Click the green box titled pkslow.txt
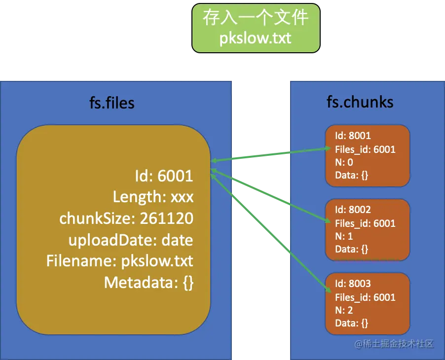click(256, 28)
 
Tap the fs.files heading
click(112, 103)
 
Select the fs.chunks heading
click(360, 102)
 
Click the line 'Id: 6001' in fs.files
click(164, 176)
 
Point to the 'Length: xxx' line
click(153, 197)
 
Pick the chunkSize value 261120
click(167, 218)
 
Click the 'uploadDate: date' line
click(131, 240)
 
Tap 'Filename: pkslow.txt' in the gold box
click(120, 261)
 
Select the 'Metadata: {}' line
click(148, 283)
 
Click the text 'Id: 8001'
click(353, 136)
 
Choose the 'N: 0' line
click(344, 162)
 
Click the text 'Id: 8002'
click(353, 210)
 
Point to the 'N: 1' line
click(344, 236)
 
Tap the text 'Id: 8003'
click(353, 284)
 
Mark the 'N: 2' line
click(344, 310)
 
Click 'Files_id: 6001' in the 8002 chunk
click(365, 223)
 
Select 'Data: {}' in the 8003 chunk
click(352, 323)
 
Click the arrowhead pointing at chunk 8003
click(329, 290)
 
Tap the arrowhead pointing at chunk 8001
click(328, 148)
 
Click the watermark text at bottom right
click(394, 344)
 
